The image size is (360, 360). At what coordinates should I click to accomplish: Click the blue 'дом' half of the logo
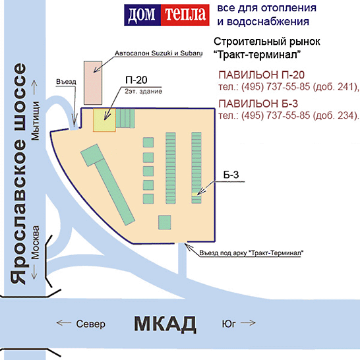142,15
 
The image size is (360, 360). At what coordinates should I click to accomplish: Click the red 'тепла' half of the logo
185,15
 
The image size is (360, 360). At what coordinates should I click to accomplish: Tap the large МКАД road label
165,324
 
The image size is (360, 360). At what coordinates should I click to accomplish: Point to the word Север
91,324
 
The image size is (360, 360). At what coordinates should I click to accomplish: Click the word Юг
229,324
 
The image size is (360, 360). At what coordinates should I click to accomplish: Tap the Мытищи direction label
36,121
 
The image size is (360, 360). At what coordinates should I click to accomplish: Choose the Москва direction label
36,242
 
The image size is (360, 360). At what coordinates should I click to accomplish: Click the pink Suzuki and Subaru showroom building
93,83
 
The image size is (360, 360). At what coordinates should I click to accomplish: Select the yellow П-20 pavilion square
104,120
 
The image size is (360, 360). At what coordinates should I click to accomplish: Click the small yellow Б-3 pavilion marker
195,195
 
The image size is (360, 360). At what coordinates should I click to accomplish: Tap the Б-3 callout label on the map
231,175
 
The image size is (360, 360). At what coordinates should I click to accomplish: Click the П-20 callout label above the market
136,80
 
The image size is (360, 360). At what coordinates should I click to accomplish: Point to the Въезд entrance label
66,82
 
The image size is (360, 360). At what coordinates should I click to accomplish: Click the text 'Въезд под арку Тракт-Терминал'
251,253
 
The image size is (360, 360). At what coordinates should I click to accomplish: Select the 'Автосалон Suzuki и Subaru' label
159,53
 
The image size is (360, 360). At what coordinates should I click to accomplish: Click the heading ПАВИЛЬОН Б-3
258,104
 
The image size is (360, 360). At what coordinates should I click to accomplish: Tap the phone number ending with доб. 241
289,87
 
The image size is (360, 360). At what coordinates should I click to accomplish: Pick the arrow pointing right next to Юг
248,323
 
